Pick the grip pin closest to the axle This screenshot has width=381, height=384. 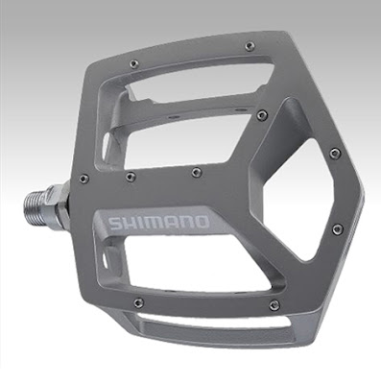point(84,179)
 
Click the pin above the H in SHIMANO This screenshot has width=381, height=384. point(131,177)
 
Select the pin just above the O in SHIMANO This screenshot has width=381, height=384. point(196,173)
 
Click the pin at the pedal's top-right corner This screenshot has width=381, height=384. point(250,45)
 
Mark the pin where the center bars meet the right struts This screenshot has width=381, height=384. point(261,115)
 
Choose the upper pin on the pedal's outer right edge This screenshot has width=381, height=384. point(334,153)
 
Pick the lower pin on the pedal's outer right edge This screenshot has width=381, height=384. point(336,229)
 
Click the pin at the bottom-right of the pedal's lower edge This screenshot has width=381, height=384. point(274,305)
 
